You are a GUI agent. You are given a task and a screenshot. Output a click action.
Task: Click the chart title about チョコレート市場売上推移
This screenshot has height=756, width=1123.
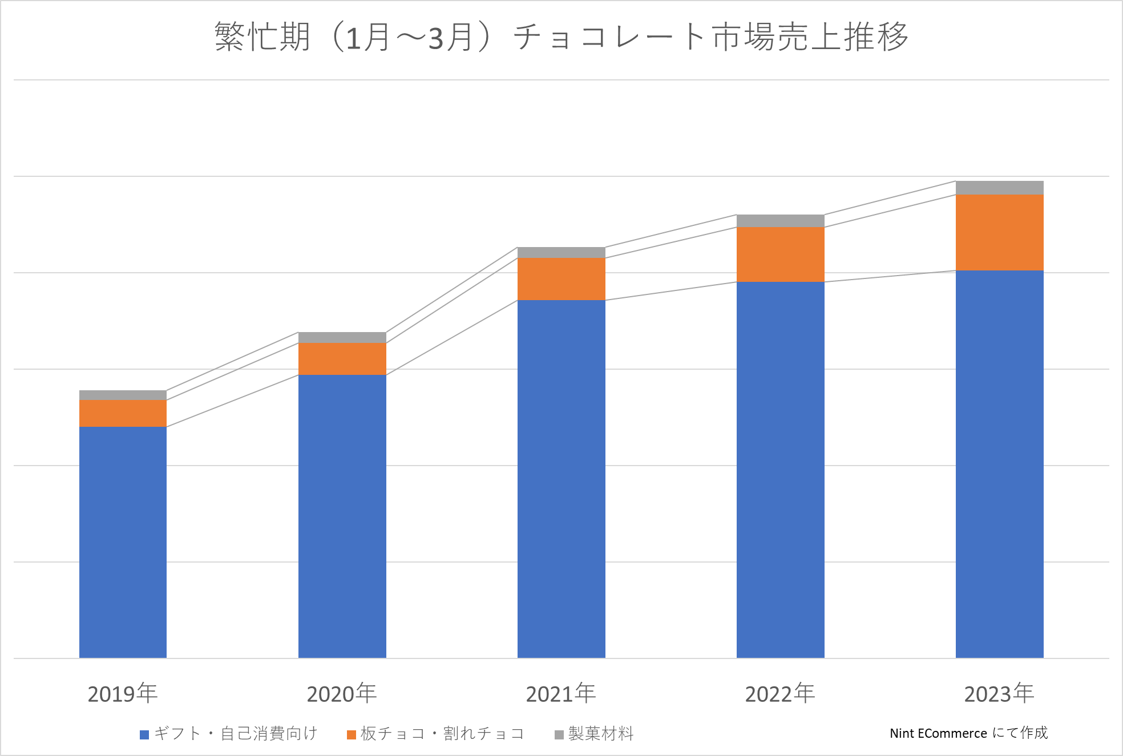[x=561, y=37]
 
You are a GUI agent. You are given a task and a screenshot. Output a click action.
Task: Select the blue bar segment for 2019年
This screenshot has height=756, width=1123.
[x=123, y=542]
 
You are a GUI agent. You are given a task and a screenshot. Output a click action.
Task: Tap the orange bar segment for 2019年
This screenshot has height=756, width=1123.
[x=123, y=413]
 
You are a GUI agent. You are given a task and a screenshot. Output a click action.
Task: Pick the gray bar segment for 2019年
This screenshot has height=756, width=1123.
[x=123, y=395]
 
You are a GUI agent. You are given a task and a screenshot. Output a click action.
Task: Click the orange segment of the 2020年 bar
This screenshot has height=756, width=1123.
[x=342, y=358]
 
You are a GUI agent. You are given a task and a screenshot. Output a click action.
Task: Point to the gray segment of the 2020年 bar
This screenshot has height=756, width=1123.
[x=342, y=337]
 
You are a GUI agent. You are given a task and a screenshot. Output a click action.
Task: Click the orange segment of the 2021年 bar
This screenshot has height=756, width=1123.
[x=561, y=278]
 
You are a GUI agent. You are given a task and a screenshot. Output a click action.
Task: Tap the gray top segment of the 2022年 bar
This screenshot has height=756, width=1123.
[x=780, y=221]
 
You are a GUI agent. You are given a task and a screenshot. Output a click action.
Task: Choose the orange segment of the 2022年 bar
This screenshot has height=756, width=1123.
[x=780, y=254]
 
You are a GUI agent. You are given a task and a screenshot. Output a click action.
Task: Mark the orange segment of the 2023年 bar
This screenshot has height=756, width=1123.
[x=999, y=232]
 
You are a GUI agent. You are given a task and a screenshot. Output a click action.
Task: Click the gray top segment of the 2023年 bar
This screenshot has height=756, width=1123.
[x=999, y=188]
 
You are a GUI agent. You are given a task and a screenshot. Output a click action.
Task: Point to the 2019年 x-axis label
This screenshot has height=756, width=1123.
[x=123, y=694]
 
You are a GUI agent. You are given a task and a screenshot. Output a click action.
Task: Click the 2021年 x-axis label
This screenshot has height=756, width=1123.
[x=561, y=694]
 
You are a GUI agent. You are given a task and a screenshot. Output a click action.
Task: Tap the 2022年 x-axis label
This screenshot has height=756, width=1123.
[x=780, y=694]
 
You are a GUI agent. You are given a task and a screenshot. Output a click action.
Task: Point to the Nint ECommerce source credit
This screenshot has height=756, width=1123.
[x=968, y=733]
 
